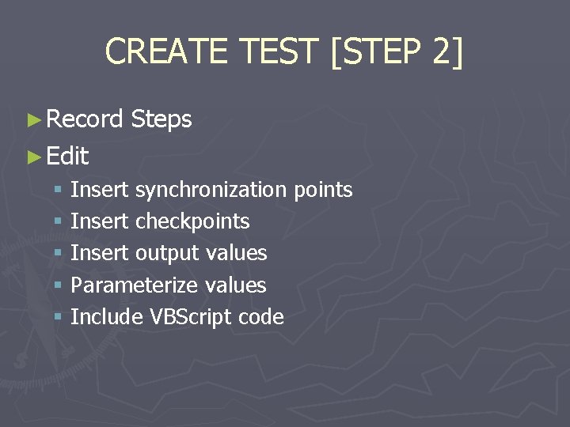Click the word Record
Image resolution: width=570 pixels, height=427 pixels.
(x=85, y=119)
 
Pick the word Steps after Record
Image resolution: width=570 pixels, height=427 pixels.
(x=161, y=119)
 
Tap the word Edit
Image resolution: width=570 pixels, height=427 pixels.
(x=67, y=156)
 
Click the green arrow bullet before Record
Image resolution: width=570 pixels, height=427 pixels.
(x=32, y=120)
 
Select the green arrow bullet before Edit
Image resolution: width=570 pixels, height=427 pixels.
(x=32, y=157)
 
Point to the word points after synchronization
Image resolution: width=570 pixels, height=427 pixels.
(x=323, y=190)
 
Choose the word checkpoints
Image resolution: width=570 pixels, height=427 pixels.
(x=192, y=221)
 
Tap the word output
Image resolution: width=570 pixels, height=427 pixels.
(x=167, y=253)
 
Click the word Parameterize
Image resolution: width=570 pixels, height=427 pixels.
(x=135, y=285)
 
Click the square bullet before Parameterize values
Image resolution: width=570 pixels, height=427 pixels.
(x=58, y=285)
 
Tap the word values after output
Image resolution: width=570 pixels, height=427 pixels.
(x=236, y=253)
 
